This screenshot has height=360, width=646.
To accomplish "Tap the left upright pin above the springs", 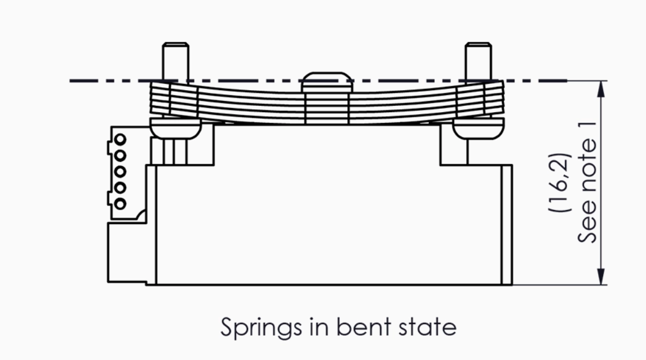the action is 176,61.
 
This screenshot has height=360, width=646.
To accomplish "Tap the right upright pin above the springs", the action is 479,61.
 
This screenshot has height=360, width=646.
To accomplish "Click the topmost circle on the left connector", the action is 120,139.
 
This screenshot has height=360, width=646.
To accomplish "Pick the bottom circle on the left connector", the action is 120,203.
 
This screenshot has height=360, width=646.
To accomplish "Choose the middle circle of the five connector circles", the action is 120,171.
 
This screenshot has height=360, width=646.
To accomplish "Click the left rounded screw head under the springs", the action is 175,128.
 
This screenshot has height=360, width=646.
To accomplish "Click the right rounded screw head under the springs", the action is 479,128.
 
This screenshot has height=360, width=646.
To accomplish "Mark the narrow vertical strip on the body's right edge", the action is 507,225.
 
